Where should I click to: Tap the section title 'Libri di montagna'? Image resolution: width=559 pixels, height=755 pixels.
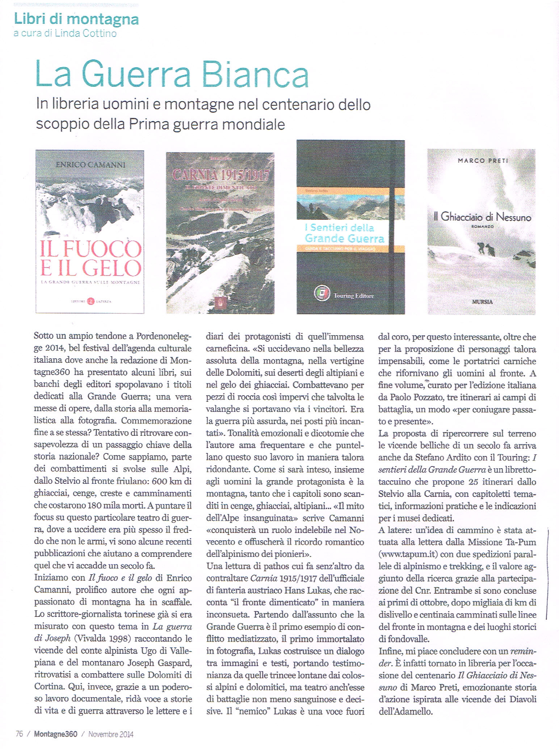coord(76,19)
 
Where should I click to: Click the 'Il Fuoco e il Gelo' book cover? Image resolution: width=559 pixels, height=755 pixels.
coord(90,231)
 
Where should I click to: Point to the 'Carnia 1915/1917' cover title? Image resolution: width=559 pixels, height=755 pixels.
coord(221,176)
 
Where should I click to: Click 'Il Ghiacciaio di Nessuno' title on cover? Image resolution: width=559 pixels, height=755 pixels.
coord(482,217)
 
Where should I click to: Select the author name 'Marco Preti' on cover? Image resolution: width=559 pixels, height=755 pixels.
coord(483,161)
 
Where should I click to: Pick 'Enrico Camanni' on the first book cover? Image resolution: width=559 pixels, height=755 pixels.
coord(90,165)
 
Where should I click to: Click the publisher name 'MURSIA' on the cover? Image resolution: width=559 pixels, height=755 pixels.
coord(482,301)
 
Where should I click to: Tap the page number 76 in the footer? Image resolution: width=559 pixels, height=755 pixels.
coord(20,734)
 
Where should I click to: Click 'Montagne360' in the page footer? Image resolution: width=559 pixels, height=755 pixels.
coord(55,734)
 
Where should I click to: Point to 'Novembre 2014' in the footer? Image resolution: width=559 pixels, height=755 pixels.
coord(111,734)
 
